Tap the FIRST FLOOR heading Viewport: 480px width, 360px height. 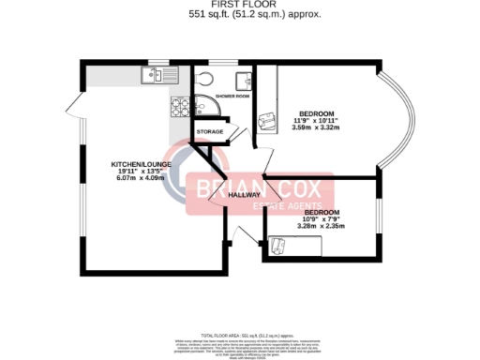point(240,6)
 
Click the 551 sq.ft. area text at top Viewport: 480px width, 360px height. point(240,16)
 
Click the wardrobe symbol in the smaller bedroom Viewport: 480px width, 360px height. point(279,246)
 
